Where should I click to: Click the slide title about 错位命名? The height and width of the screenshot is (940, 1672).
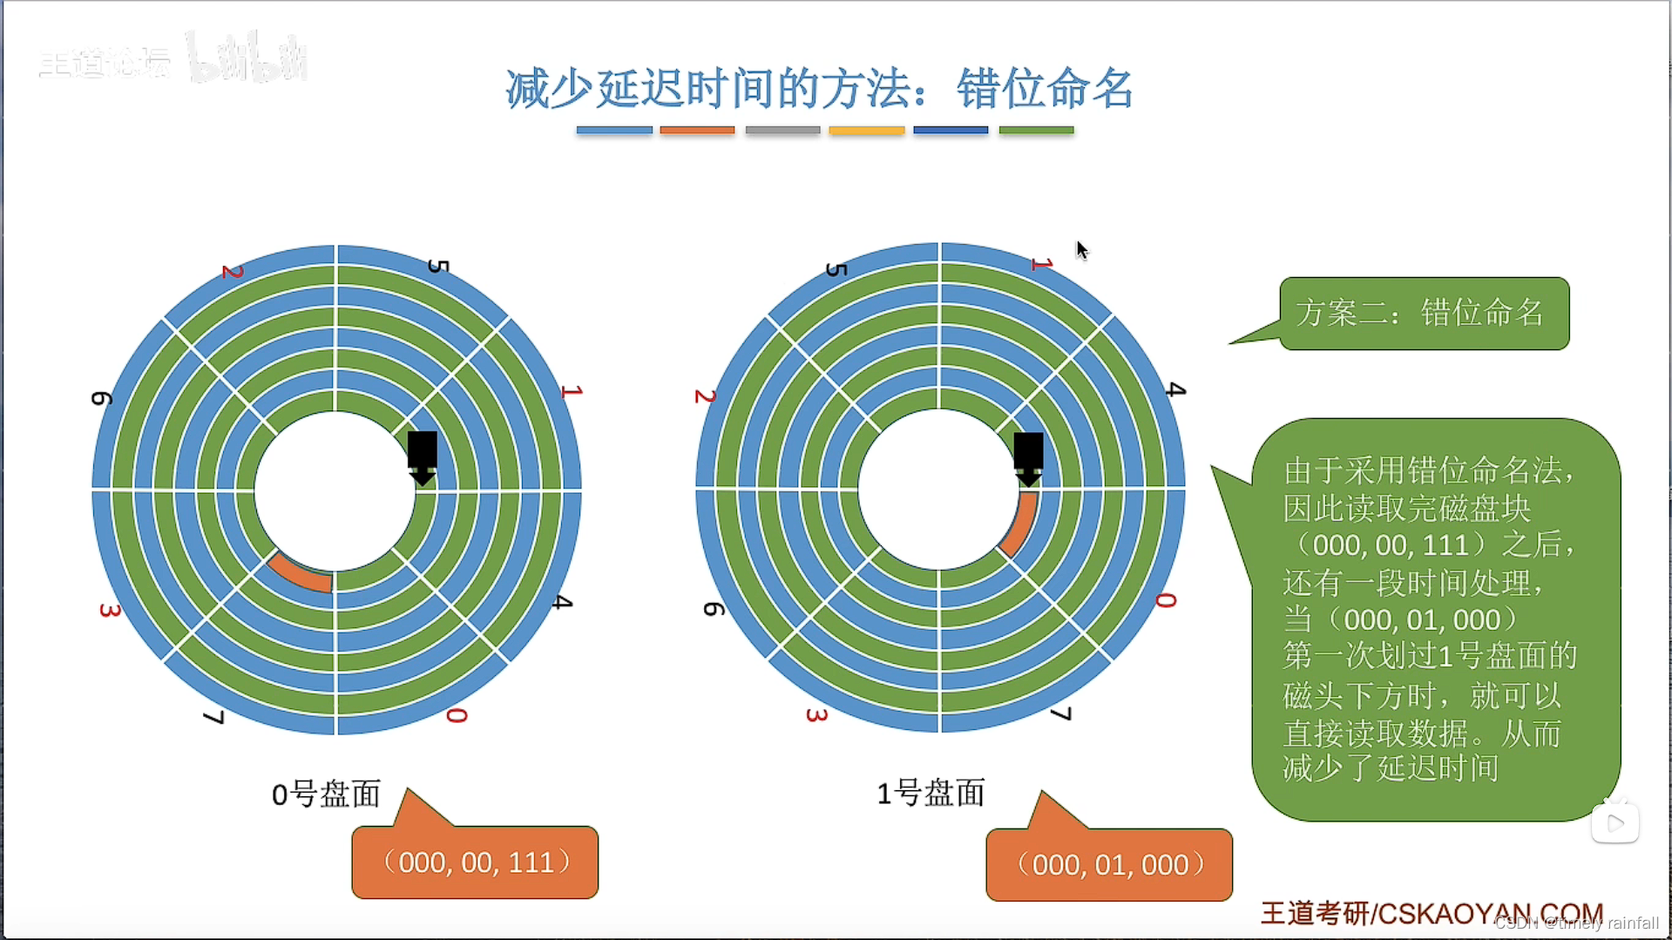pyautogui.click(x=819, y=89)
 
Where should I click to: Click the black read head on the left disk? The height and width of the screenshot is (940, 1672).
pyautogui.click(x=423, y=456)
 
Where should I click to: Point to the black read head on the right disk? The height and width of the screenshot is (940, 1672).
pyautogui.click(x=1028, y=457)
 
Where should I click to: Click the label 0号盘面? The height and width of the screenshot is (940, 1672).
pyautogui.click(x=326, y=794)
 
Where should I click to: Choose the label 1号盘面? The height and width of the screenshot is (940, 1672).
pyautogui.click(x=931, y=793)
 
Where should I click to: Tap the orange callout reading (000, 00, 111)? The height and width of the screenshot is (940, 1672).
pyautogui.click(x=476, y=862)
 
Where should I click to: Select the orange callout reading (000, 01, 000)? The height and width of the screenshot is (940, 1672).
pyautogui.click(x=1109, y=864)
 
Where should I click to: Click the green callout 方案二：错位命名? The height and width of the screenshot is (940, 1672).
pyautogui.click(x=1424, y=313)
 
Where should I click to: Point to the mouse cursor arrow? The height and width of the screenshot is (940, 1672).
pyautogui.click(x=1081, y=250)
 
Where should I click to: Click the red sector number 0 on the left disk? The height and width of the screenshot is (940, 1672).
pyautogui.click(x=457, y=715)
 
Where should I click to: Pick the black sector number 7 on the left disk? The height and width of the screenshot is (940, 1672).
pyautogui.click(x=214, y=717)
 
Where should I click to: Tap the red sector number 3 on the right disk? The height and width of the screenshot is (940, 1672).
pyautogui.click(x=816, y=715)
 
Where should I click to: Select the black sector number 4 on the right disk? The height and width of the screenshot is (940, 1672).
pyautogui.click(x=1175, y=389)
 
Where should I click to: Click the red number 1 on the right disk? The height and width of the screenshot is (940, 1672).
pyautogui.click(x=1042, y=263)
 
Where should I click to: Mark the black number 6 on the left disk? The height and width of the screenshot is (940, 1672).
pyautogui.click(x=102, y=398)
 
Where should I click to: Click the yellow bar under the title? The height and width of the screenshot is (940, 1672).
pyautogui.click(x=866, y=131)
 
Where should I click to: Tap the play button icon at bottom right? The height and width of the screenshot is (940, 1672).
pyautogui.click(x=1614, y=822)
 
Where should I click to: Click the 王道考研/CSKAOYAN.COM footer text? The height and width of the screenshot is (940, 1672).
pyautogui.click(x=1431, y=913)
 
